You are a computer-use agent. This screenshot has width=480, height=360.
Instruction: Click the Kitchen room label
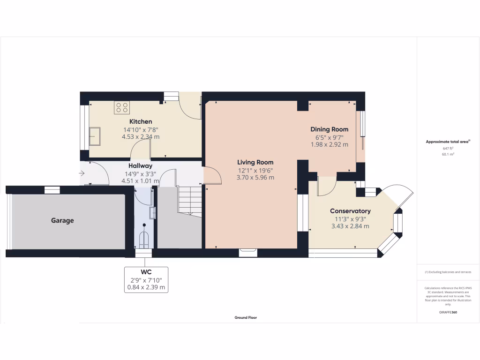pos(141,121)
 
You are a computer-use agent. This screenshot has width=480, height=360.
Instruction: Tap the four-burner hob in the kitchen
pos(122,108)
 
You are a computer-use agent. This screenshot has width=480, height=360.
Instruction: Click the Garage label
pos(62,220)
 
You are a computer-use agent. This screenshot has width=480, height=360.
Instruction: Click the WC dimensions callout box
pos(146,279)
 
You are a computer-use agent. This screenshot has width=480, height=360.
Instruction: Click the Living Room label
pos(255,162)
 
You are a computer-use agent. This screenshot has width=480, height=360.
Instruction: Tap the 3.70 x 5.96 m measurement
pos(255,178)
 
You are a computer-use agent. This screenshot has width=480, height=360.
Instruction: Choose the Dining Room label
pos(329,129)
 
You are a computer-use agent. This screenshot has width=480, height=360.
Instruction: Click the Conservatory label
pos(350,211)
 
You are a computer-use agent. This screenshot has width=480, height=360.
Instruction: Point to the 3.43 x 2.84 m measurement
pos(350,226)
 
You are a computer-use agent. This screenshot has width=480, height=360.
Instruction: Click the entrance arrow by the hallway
pos(82,173)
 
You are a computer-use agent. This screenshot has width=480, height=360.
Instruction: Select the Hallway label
pos(140,165)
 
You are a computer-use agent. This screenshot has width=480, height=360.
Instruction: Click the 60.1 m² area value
pos(448,153)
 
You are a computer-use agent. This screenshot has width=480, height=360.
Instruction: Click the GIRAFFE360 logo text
pos(448,312)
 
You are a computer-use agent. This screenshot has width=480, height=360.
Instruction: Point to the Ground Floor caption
pos(246,317)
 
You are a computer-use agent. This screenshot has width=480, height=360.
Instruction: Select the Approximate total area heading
pos(448,142)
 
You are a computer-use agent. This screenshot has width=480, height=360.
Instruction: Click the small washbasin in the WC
pos(152,213)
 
